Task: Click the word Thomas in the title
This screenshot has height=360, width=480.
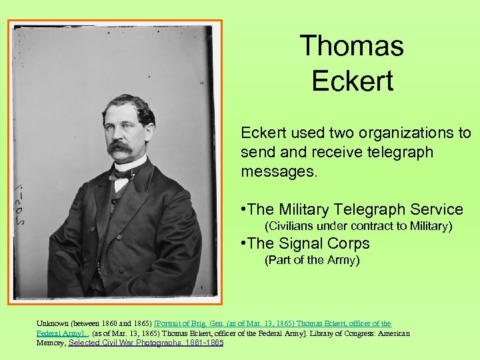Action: (x=351, y=46)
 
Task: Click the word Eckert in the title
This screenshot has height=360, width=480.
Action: (x=352, y=81)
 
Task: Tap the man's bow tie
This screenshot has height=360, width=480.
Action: (x=123, y=175)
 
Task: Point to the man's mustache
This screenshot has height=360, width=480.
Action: (x=120, y=145)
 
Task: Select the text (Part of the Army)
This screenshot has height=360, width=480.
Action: (x=312, y=260)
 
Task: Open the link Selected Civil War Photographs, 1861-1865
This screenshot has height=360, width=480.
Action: (x=146, y=343)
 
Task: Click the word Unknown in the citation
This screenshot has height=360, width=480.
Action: (x=51, y=324)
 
